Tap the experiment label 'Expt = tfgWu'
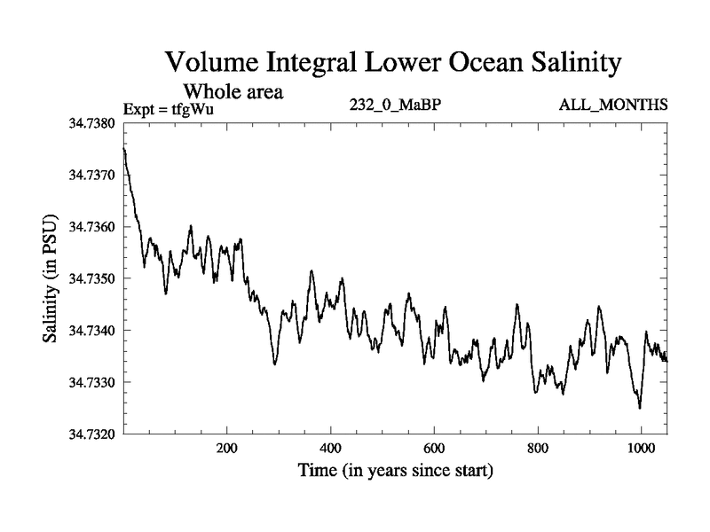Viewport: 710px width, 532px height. (x=169, y=109)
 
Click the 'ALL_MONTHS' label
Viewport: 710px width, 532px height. (x=612, y=106)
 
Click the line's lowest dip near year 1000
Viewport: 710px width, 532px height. (x=640, y=408)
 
